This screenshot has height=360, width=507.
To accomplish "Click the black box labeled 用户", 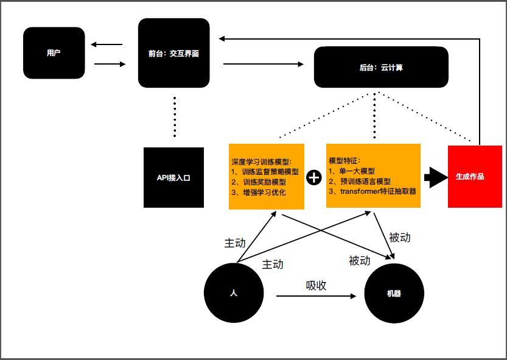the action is pyautogui.click(x=54, y=53).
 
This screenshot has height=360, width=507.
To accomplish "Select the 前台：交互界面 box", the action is pyautogui.click(x=173, y=53).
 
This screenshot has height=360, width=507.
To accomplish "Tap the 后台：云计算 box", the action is pyautogui.click(x=381, y=67).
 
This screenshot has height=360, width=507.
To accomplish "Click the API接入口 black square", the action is pyautogui.click(x=173, y=177).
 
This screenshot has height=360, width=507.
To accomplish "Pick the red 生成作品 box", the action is pyautogui.click(x=475, y=177).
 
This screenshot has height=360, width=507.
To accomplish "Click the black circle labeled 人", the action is pyautogui.click(x=234, y=292).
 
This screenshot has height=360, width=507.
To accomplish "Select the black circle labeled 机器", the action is pyautogui.click(x=394, y=293).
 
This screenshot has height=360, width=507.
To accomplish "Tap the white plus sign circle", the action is pyautogui.click(x=313, y=177).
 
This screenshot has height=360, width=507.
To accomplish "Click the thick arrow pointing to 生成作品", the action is pyautogui.click(x=436, y=177).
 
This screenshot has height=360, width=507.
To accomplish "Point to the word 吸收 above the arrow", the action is pyautogui.click(x=316, y=286).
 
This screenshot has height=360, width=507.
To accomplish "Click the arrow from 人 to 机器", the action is pyautogui.click(x=316, y=296).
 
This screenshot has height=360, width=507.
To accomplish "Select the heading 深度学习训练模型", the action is pyautogui.click(x=260, y=162).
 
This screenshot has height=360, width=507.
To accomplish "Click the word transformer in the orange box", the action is pyautogui.click(x=360, y=191).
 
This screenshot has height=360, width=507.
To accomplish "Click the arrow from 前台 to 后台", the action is pyautogui.click(x=264, y=64).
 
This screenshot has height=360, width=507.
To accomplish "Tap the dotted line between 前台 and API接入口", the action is pyautogui.click(x=175, y=117).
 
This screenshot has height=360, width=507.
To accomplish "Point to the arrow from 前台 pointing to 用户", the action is pyautogui.click(x=107, y=44).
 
